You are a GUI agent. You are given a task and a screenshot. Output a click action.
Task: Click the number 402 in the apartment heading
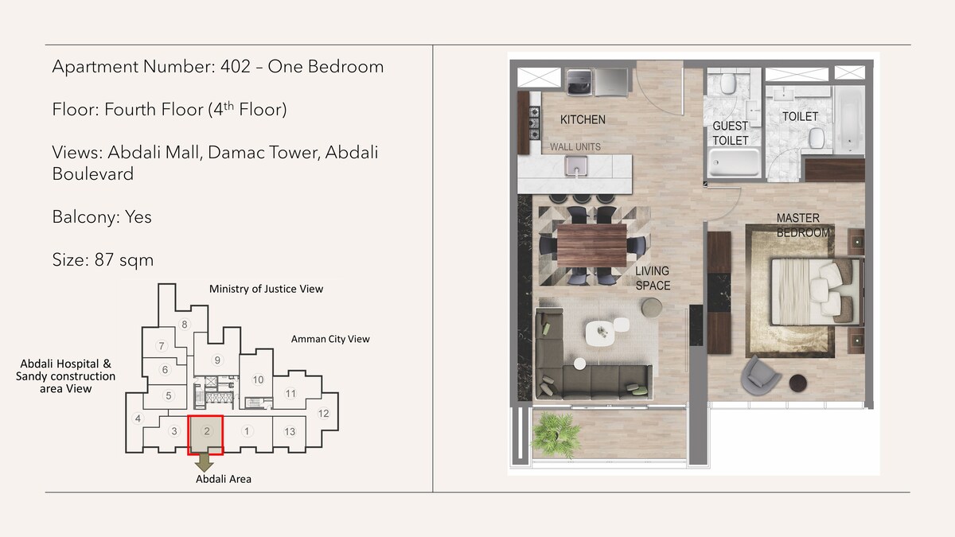click(236, 67)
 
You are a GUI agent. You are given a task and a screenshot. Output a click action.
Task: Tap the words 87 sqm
click(124, 259)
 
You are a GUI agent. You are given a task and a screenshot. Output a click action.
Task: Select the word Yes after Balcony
click(138, 217)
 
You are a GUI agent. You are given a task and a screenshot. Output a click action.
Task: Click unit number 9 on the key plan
click(217, 360)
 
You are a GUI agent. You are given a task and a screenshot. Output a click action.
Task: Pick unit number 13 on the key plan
click(290, 432)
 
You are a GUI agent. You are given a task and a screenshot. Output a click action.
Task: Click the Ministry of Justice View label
click(266, 289)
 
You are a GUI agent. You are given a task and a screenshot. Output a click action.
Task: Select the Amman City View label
click(330, 339)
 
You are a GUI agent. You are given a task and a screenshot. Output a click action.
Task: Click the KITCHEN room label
click(583, 120)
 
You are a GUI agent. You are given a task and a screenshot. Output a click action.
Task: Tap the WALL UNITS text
click(575, 147)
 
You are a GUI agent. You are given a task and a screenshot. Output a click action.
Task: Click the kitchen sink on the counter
click(576, 165)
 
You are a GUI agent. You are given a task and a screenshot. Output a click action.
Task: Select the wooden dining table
click(592, 245)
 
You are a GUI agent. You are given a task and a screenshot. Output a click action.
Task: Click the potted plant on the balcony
click(555, 434)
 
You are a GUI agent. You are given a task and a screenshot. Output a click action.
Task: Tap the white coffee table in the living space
click(600, 333)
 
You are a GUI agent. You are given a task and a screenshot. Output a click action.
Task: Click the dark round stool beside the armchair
click(797, 383)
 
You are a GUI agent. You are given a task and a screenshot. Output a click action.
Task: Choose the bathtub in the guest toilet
click(734, 162)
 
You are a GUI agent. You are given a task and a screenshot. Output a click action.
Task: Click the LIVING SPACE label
click(653, 278)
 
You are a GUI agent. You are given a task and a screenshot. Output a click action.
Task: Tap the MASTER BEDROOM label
click(803, 225)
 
